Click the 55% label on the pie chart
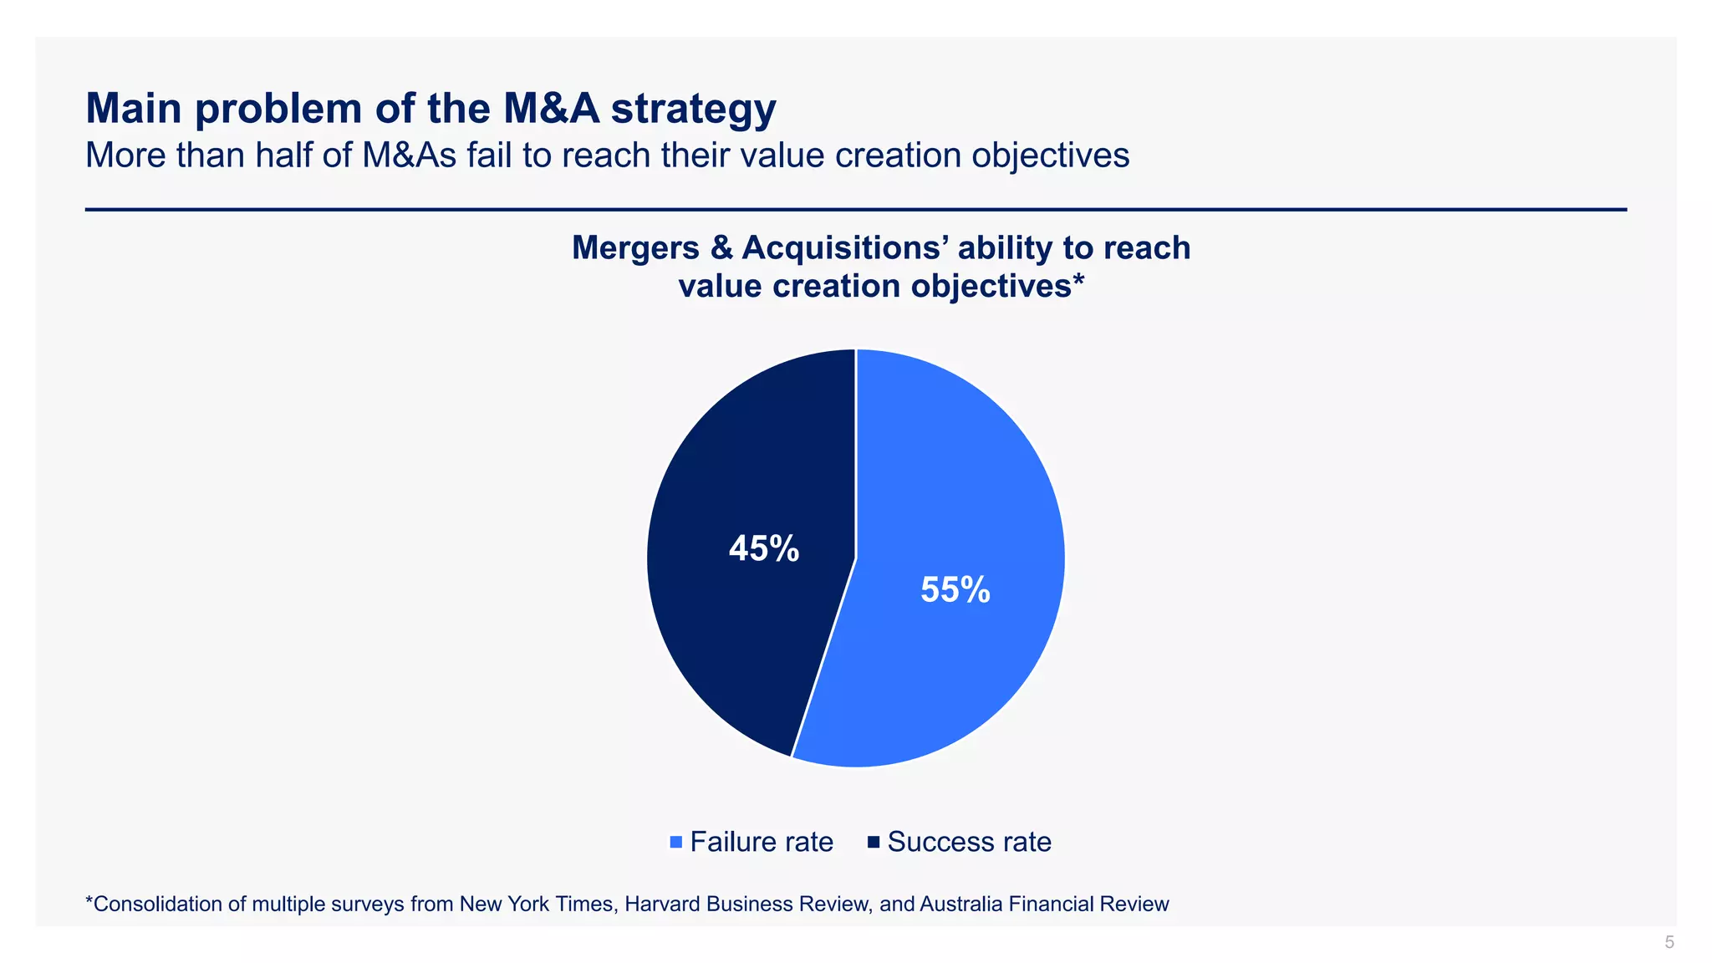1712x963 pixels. [955, 590]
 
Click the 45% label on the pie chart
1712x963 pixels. [763, 549]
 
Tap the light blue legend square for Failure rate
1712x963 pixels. [676, 842]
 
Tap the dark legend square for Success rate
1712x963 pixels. [874, 842]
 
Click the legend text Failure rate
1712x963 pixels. [762, 842]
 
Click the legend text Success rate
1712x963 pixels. [969, 842]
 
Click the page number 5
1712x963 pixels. [1669, 942]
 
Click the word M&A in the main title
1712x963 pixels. [551, 109]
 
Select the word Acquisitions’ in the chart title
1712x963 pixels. [845, 248]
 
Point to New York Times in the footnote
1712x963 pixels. [538, 904]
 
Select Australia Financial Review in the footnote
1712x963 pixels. [1044, 904]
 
